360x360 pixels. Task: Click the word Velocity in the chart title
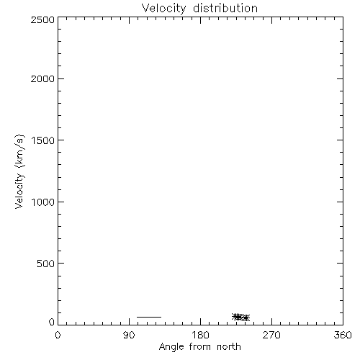coord(163,9)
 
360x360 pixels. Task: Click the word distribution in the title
coord(225,8)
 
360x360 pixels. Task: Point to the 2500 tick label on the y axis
coord(42,19)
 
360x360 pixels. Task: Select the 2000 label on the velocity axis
coord(42,78)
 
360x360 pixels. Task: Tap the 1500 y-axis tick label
coord(43,140)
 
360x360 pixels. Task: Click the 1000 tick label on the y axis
coord(43,202)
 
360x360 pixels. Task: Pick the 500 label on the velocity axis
coord(46,264)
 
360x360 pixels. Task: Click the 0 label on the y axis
coord(52,322)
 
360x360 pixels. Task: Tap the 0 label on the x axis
coord(58,335)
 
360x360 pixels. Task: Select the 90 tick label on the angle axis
coord(129,335)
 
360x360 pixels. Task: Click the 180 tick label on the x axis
coord(200,335)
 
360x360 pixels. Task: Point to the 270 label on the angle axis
coord(271,335)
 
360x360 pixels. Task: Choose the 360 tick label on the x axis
coord(343,335)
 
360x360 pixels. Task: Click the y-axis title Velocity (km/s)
coord(19,171)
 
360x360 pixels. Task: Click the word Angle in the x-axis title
coord(171,347)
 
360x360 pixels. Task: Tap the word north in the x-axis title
coord(229,347)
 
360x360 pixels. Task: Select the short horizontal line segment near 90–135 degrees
coord(149,317)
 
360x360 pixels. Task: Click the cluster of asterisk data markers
coord(240,318)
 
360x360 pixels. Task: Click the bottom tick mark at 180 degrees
coord(200,322)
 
